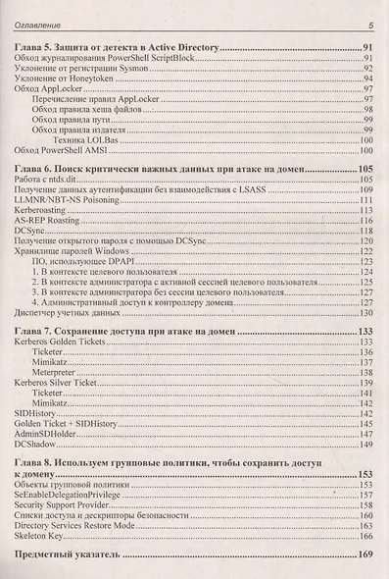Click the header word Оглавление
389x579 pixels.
pyautogui.click(x=36, y=25)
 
